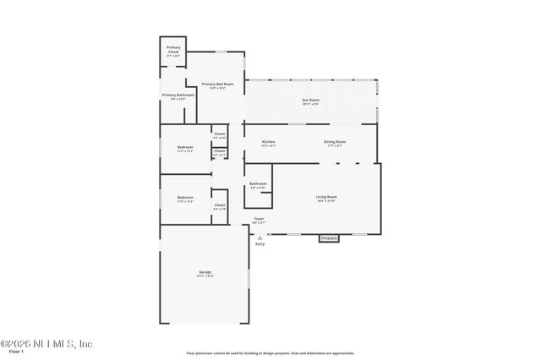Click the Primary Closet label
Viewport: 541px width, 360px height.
[173, 49]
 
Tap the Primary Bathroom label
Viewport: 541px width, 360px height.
[178, 95]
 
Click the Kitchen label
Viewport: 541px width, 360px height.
[269, 142]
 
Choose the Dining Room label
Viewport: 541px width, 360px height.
[335, 142]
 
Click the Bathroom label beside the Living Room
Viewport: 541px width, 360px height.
[258, 184]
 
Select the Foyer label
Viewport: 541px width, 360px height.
[260, 219]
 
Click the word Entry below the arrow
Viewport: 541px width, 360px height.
[260, 244]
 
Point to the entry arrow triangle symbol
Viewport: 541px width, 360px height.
[260, 237]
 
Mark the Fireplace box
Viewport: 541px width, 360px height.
[329, 238]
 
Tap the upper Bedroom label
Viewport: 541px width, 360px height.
[185, 148]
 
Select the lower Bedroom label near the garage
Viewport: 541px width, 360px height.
[185, 200]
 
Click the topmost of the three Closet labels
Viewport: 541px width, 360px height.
[219, 134]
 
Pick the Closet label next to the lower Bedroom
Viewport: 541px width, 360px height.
[219, 205]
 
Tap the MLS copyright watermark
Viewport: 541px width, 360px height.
[46, 343]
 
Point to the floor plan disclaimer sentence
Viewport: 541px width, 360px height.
[270, 353]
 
